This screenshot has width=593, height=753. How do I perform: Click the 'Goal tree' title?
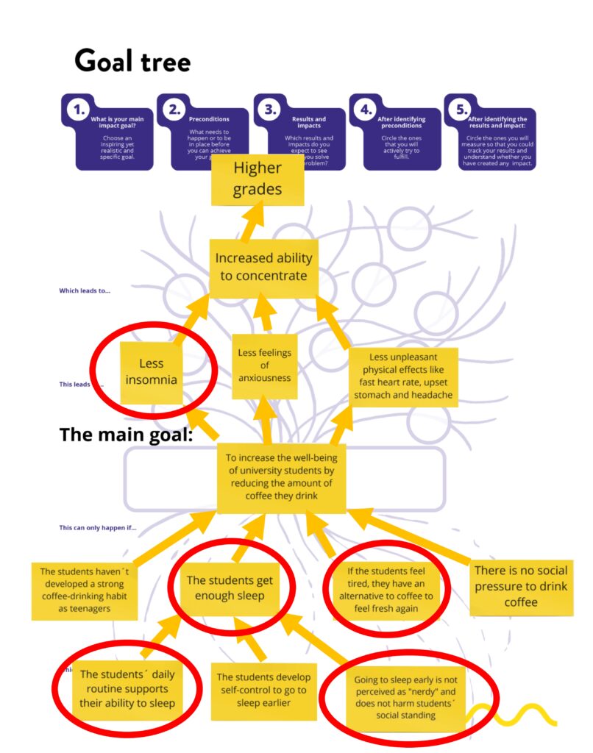(132, 62)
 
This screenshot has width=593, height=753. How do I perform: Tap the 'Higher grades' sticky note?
(258, 179)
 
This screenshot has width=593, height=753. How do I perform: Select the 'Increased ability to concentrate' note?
(263, 267)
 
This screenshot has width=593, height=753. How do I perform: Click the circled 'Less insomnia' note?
(152, 371)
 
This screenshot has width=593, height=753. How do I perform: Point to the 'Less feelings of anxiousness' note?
(264, 365)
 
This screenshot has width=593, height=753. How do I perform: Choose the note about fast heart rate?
(403, 376)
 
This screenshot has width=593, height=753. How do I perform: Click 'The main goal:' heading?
(126, 435)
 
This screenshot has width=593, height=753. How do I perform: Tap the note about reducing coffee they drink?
(281, 477)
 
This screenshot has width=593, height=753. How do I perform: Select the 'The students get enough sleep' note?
(230, 588)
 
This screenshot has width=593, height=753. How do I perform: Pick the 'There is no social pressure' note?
(521, 586)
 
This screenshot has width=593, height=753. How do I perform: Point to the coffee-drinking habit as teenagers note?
(85, 590)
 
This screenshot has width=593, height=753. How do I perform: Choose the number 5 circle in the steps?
(461, 110)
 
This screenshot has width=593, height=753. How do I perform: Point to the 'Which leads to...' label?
(85, 290)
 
